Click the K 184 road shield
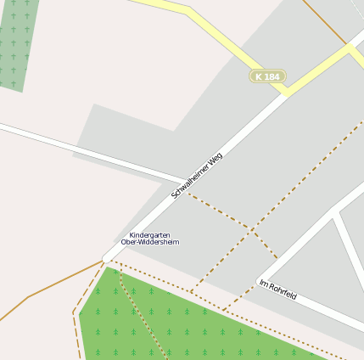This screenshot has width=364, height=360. pyautogui.click(x=267, y=76)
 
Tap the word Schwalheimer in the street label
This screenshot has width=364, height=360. pyautogui.click(x=192, y=180)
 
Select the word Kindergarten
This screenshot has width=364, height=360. pyautogui.click(x=149, y=234)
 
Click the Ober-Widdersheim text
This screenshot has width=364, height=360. pyautogui.click(x=150, y=242)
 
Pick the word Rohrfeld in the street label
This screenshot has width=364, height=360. pyautogui.click(x=283, y=291)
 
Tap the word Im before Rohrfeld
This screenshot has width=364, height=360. pyautogui.click(x=263, y=283)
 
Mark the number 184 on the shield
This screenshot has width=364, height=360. pyautogui.click(x=272, y=76)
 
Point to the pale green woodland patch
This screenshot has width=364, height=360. pyautogui.click(x=17, y=42)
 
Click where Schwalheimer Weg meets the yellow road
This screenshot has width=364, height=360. pyautogui.click(x=287, y=92)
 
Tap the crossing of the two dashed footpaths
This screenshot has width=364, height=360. pyautogui.click(x=249, y=228)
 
